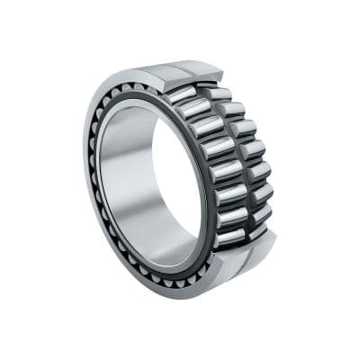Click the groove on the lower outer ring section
point(243,256)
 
